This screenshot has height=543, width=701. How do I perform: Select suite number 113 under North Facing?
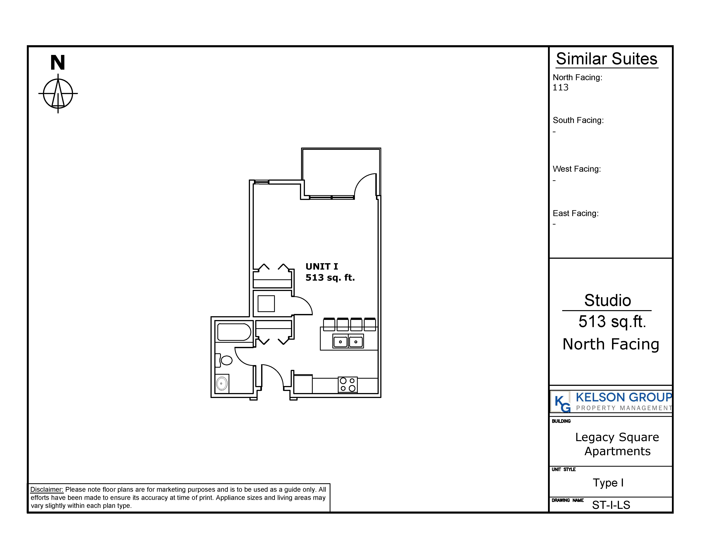560,87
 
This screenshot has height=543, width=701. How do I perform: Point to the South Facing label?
578,120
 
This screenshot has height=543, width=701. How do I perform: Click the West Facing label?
576,169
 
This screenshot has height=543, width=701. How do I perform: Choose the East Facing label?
575,213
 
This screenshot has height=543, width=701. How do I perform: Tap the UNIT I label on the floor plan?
322,266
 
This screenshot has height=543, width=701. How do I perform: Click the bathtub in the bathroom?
234,332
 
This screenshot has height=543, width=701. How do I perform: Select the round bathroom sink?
222,383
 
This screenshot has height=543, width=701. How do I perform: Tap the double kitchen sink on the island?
348,341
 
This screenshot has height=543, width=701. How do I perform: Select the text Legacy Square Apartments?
617,444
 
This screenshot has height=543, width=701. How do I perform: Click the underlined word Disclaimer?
47,489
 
